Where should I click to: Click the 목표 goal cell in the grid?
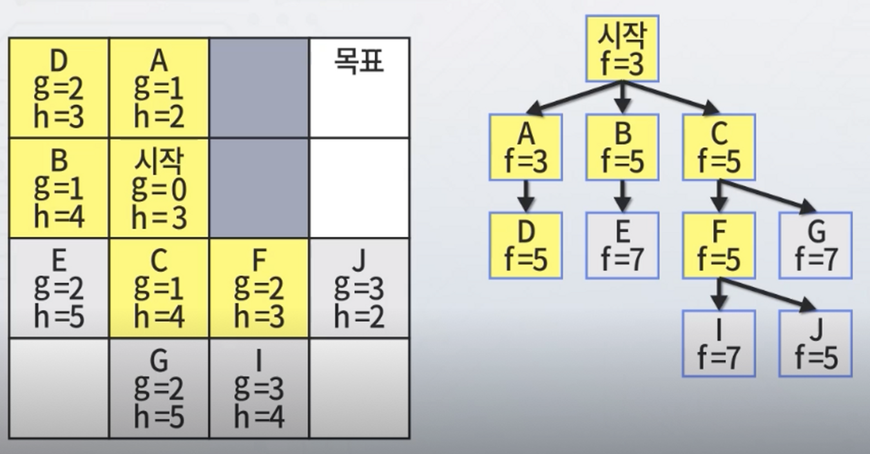[359, 88]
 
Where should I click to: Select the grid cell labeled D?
[59, 88]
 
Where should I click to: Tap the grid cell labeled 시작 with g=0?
[159, 188]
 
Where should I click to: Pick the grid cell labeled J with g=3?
[359, 288]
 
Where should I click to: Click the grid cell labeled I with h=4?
[258, 389]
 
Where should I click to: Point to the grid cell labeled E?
[59, 288]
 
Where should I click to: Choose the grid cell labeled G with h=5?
[159, 389]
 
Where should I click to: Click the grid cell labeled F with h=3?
[258, 288]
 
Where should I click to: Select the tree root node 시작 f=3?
[622, 49]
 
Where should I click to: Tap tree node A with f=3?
[526, 147]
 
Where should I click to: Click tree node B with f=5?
[622, 147]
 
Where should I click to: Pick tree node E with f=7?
[622, 246]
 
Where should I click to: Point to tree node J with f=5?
[815, 344]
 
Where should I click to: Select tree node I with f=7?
[719, 344]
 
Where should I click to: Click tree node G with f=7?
[815, 246]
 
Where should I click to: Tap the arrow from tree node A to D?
[526, 196]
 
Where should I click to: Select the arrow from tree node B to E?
[622, 196]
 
